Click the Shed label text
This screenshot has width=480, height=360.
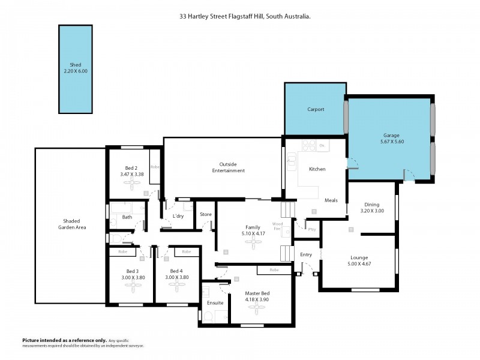(75, 65)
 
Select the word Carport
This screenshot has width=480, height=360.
(316, 109)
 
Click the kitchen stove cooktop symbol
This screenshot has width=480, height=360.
(308, 145)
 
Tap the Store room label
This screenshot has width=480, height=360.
(206, 214)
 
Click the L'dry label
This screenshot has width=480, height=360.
(178, 216)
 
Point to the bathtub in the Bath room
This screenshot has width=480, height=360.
(128, 208)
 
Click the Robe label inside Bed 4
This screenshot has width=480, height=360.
(187, 252)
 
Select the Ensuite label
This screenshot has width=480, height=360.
(215, 303)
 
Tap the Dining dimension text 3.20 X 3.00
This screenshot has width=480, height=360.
(371, 211)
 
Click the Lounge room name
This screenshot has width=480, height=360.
(359, 257)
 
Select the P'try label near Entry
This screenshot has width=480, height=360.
(311, 229)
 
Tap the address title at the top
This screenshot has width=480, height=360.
(244, 17)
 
